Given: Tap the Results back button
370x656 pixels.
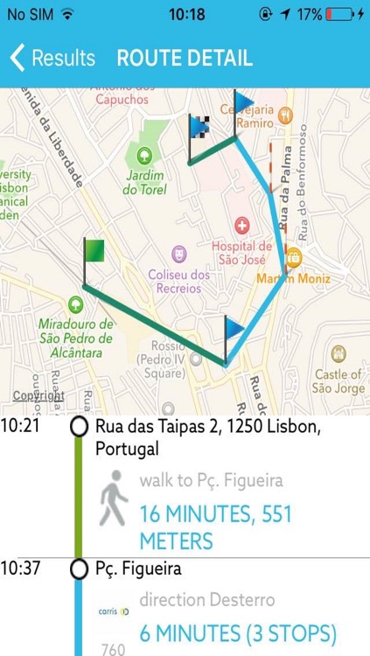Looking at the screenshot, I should tap(52, 59).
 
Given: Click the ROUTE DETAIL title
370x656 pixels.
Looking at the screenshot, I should tap(185, 59).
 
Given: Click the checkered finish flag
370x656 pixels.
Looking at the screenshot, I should tap(199, 128).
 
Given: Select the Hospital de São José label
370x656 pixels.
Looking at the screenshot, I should tap(241, 253).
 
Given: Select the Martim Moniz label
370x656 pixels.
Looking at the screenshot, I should tap(294, 278).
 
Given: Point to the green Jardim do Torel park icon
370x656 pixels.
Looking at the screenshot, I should tap(144, 157).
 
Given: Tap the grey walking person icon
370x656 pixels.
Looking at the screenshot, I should tap(114, 498).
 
